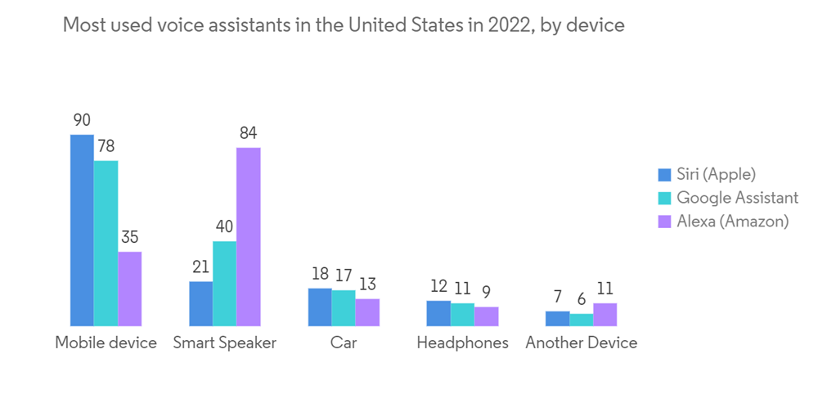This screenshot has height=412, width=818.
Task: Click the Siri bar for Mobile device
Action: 82,231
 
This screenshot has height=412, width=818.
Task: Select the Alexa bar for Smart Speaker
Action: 249,237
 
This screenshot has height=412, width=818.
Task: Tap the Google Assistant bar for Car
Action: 344,308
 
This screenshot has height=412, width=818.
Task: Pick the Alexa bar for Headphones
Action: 487,316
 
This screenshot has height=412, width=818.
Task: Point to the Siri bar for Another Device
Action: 557,319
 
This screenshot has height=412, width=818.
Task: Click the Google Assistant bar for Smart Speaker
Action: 225,284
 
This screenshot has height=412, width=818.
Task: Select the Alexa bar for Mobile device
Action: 130,289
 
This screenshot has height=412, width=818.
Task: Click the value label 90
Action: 82,120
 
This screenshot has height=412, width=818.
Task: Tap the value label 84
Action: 249,133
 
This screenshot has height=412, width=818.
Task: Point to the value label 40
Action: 225,226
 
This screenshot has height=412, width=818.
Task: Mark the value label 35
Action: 130,237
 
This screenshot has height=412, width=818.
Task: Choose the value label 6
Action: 582,299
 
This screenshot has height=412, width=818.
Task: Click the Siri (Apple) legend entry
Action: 716,174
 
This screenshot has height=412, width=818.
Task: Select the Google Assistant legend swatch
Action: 664,198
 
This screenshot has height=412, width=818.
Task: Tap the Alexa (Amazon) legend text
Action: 733,222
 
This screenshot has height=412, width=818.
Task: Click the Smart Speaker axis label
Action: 225,343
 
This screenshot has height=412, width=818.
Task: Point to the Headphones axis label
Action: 463,343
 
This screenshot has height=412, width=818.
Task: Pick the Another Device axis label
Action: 582,343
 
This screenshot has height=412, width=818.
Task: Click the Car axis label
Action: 344,343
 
